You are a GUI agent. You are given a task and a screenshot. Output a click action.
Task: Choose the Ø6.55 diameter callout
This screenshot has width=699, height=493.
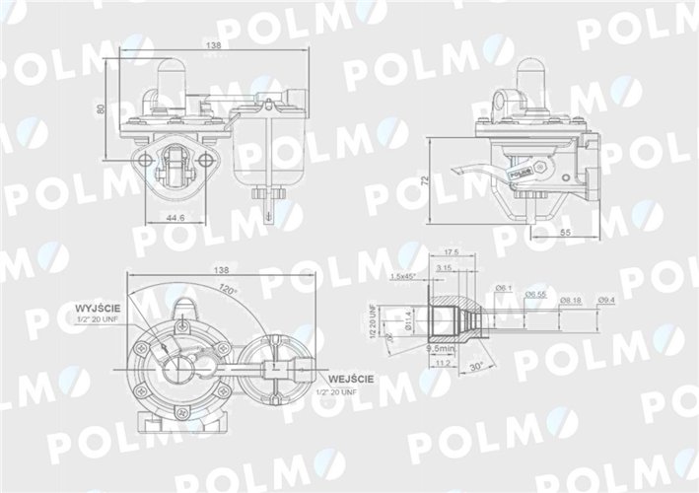pos(535,293)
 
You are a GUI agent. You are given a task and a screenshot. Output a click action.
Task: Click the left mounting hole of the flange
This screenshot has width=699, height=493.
pos(147,160)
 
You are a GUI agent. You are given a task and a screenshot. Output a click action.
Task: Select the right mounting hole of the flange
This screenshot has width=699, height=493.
pos(210,160)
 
